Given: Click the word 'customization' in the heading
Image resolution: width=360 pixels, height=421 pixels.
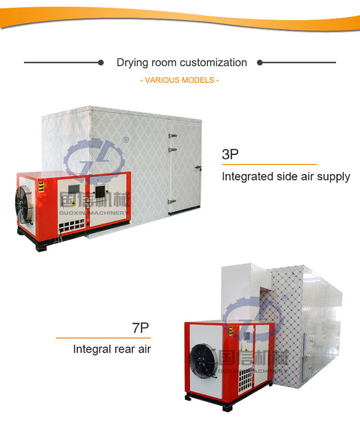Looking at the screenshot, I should (213, 63).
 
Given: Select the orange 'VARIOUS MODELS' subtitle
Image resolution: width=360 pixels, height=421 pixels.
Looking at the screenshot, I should (179, 80).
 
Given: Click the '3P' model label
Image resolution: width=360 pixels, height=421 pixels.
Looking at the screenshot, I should (230, 154).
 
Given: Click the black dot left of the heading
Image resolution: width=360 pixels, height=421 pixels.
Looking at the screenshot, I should (101, 63).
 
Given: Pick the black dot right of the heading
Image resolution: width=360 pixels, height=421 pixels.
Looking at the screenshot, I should (260, 63).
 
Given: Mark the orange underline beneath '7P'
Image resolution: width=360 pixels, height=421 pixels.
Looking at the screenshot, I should (102, 338).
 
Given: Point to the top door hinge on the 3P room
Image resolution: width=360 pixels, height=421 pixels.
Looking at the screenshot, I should (173, 135).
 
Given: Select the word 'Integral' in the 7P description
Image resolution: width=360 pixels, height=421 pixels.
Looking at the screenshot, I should (91, 350).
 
